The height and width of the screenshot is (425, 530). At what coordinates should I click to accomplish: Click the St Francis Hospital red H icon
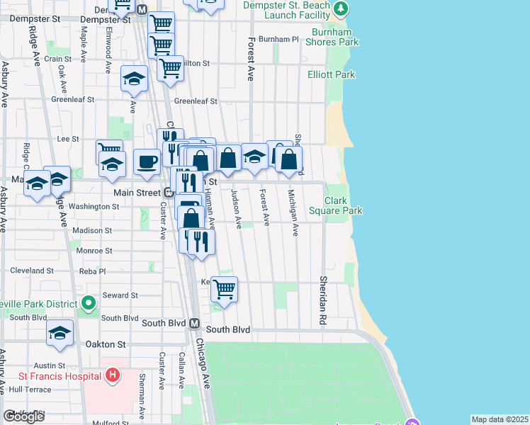112,374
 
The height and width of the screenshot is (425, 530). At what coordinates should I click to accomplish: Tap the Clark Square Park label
344,205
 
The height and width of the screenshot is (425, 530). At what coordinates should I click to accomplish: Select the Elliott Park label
331,74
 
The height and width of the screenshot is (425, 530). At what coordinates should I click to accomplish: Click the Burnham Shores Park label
332,37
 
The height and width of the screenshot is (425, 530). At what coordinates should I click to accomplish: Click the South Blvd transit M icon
194,323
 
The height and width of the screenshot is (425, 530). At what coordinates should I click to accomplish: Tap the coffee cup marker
147,162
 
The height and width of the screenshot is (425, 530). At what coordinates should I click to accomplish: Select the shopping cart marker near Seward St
224,288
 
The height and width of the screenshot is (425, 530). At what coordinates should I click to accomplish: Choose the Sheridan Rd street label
322,291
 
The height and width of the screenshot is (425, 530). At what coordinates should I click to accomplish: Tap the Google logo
24,416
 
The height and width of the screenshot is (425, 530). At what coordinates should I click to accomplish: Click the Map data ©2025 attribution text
500,419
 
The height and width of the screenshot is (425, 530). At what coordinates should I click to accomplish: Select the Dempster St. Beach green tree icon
342,8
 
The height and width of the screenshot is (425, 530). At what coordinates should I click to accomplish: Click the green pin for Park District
88,304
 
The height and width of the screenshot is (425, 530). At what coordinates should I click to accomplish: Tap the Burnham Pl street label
279,40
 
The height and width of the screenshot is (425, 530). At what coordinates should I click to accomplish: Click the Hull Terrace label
30,390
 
